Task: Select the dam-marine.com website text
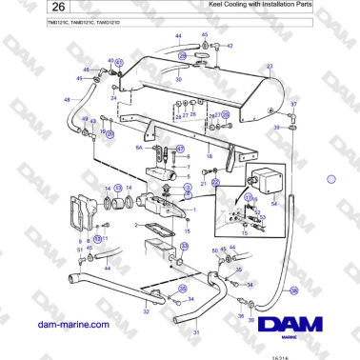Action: click(x=72, y=324)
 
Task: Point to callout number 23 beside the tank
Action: click(x=270, y=67)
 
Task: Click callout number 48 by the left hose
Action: click(x=67, y=99)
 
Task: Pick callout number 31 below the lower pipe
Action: click(x=196, y=332)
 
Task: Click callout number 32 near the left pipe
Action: click(x=146, y=311)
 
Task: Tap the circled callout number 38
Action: click(x=293, y=290)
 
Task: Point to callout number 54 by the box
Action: click(x=274, y=203)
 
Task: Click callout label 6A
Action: click(x=139, y=148)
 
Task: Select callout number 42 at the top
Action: click(x=230, y=45)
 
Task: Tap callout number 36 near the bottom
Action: click(x=241, y=314)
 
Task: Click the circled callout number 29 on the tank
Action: click(x=182, y=57)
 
